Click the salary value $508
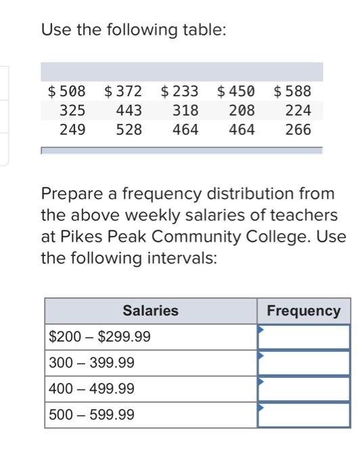(66, 91)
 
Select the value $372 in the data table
(123, 91)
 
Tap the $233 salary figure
(179, 91)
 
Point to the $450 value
(235, 91)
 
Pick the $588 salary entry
(292, 91)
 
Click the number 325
(72, 110)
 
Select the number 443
(129, 110)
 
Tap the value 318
(185, 110)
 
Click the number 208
(242, 110)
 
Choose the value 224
(298, 110)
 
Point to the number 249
(72, 129)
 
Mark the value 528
(129, 129)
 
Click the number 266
(298, 129)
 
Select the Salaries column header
(150, 311)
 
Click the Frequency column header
(304, 311)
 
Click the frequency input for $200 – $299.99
(304, 337)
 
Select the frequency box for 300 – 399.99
(304, 363)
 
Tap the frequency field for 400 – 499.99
(304, 389)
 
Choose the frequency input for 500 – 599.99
(304, 414)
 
